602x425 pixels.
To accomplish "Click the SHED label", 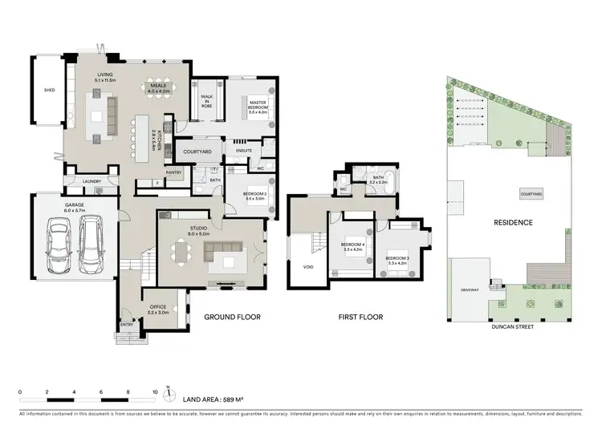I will (x=49, y=91).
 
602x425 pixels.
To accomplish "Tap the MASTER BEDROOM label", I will (x=257, y=104).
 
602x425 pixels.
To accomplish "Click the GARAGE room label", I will (x=75, y=206).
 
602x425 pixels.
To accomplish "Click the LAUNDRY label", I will (x=92, y=181).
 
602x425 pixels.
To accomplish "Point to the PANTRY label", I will (x=174, y=172).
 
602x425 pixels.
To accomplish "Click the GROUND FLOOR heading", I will (x=230, y=318).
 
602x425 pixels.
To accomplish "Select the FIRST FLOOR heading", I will (x=360, y=318).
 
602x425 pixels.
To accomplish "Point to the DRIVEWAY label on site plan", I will (x=470, y=290).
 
